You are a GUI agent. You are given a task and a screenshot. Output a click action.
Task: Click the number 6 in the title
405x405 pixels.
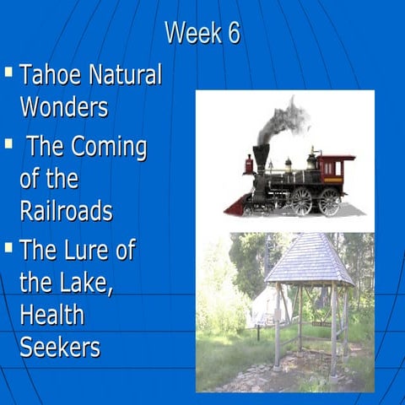[x=232, y=33]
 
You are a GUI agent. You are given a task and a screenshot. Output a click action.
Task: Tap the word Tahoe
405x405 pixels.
[x=50, y=75]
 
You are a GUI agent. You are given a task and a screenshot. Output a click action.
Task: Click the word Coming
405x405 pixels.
[x=108, y=148]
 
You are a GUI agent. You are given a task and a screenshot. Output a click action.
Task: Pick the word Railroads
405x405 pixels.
[x=66, y=210]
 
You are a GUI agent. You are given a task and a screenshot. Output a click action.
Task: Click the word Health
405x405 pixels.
[x=51, y=316]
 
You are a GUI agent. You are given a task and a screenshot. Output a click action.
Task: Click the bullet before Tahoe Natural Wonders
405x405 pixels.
[x=8, y=73]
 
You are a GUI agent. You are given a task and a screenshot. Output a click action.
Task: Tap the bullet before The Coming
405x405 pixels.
[x=8, y=145]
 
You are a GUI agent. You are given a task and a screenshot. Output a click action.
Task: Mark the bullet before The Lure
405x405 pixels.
[x=8, y=248]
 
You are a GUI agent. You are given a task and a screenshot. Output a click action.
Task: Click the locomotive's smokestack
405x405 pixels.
[x=262, y=155]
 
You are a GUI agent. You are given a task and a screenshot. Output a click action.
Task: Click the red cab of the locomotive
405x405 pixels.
[x=336, y=169]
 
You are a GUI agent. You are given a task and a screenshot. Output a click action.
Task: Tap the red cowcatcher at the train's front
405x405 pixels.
[x=235, y=205]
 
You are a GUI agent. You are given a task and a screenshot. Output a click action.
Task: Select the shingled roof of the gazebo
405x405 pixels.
[x=308, y=261]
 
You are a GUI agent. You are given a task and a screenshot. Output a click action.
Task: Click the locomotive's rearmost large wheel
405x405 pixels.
[x=329, y=201]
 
